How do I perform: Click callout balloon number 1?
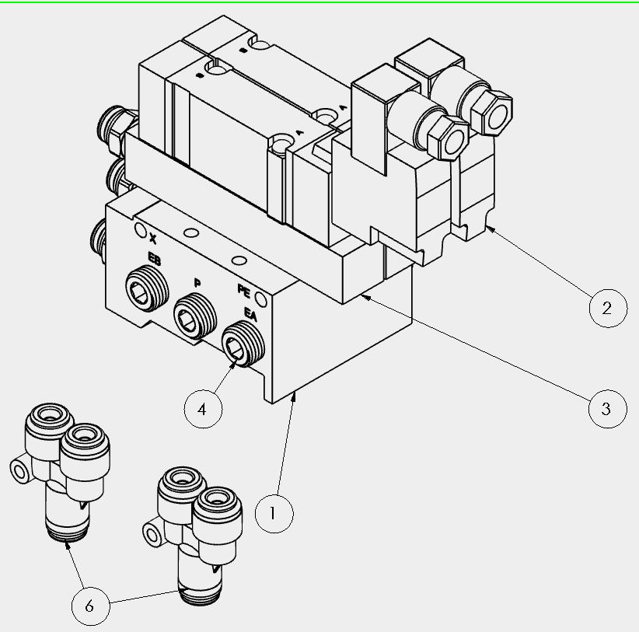click(274, 513)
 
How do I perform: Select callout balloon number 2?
click(608, 308)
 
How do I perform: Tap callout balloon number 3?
click(608, 409)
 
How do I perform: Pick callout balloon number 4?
click(204, 409)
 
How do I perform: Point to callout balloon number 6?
click(90, 606)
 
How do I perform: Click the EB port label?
click(155, 258)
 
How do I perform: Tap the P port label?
click(197, 282)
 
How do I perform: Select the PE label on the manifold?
click(243, 290)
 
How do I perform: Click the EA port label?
click(250, 314)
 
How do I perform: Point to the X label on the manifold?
click(153, 239)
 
